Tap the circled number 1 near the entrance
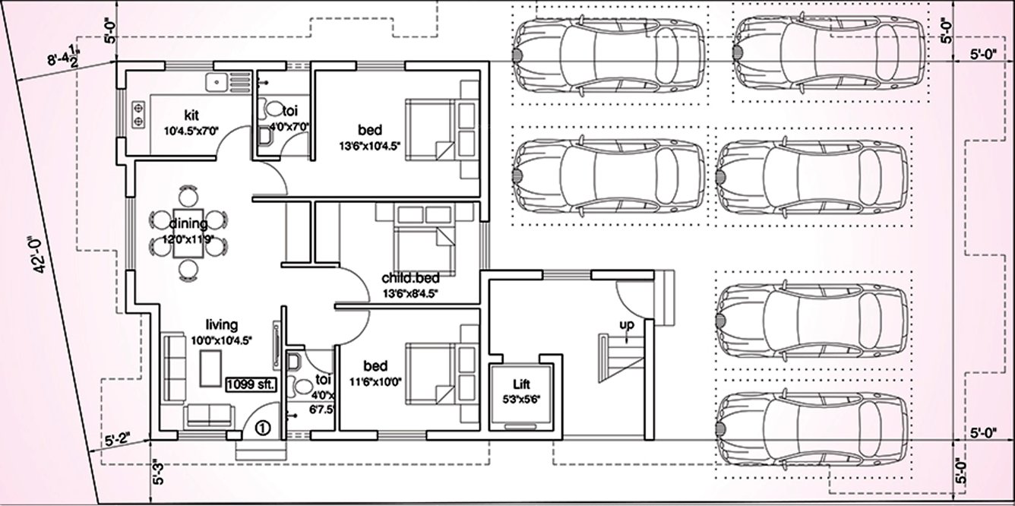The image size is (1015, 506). [263, 428]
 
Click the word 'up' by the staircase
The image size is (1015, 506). [626, 325]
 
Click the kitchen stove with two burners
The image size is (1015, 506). [139, 112]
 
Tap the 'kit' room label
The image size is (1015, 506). [191, 115]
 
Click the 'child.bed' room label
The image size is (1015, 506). [410, 278]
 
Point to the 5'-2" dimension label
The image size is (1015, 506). [117, 438]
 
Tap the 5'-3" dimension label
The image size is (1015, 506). [159, 471]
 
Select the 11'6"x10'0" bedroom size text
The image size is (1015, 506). [378, 381]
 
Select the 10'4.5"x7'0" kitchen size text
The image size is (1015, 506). [191, 130]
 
